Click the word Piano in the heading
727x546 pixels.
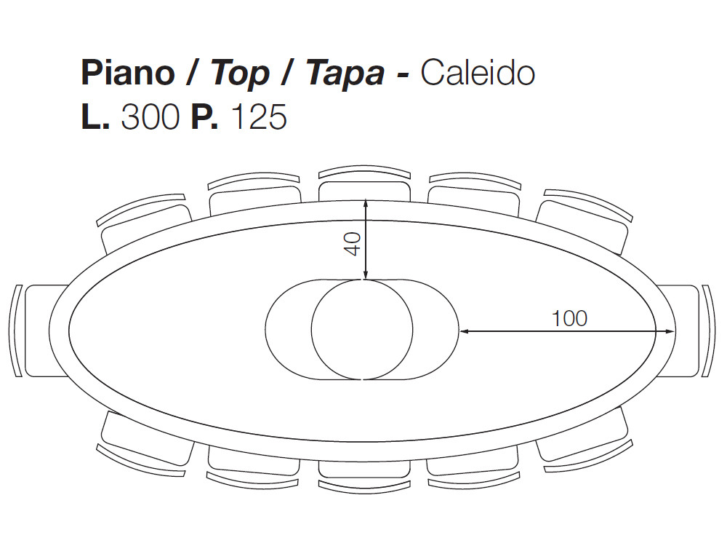[x=127, y=73]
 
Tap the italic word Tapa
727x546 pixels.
[x=345, y=74]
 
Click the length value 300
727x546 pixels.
[x=150, y=117]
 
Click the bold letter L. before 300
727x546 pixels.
[x=95, y=117]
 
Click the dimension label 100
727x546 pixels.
[x=569, y=318]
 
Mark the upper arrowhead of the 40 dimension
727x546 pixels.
[x=365, y=203]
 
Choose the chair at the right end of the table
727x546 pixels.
[x=687, y=331]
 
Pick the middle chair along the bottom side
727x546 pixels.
[x=363, y=470]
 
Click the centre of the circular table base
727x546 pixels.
[x=362, y=328]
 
